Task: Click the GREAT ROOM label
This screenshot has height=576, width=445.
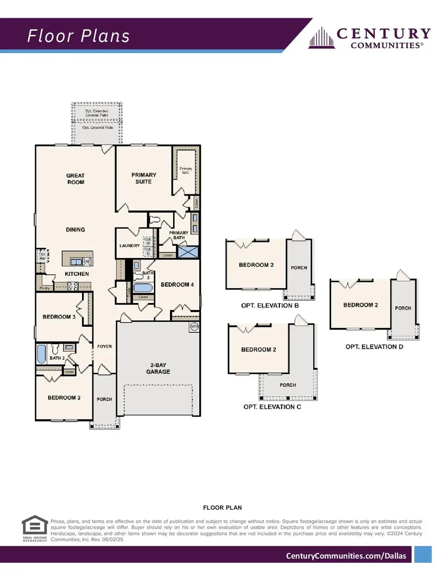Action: (76, 178)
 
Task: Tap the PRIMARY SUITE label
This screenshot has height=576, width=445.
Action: (144, 178)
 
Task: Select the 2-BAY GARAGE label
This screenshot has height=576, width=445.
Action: (160, 368)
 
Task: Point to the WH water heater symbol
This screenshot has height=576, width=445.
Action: (193, 327)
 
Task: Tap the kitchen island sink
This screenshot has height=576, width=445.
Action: (76, 261)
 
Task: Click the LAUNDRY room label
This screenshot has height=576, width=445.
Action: (130, 245)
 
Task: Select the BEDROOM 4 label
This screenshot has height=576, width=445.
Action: (178, 284)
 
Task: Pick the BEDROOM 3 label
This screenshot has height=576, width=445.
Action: (58, 317)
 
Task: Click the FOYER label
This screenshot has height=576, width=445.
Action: (104, 347)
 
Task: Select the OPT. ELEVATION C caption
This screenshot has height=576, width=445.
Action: (272, 407)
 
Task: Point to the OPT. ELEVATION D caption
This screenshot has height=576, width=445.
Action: (374, 347)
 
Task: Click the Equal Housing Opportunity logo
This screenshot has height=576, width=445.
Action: (35, 530)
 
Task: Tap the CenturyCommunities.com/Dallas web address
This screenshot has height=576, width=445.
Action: (346, 556)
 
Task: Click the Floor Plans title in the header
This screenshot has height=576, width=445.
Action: (78, 36)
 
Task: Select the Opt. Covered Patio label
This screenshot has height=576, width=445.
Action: (97, 128)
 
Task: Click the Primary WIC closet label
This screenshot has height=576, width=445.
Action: (186, 171)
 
